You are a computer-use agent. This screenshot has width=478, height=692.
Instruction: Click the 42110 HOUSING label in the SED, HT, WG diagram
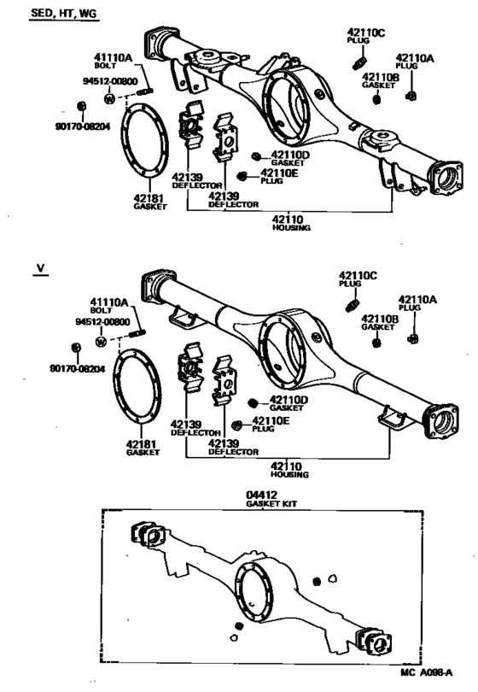coord(291,220)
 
